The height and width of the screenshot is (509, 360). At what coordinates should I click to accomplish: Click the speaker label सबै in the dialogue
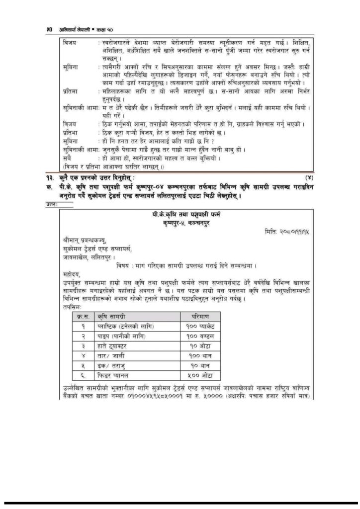tap(67, 158)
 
